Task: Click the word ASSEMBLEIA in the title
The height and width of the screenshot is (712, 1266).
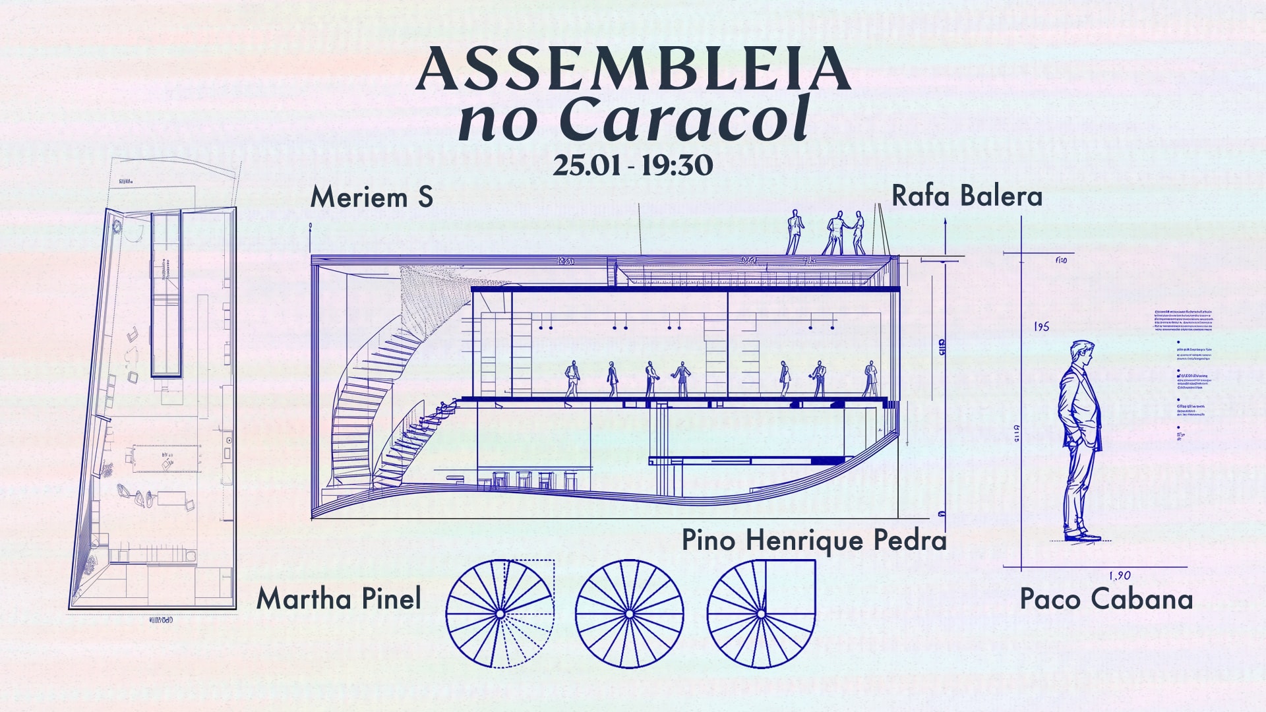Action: (x=633, y=69)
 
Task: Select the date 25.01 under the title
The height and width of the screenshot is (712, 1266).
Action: (x=587, y=165)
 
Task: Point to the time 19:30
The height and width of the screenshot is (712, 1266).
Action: (x=677, y=165)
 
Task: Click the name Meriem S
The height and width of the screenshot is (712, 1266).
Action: (x=371, y=197)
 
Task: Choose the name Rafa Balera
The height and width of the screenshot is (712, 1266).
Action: (x=967, y=196)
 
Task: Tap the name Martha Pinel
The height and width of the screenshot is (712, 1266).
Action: (x=338, y=599)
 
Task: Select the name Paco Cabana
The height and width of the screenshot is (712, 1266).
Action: (x=1106, y=599)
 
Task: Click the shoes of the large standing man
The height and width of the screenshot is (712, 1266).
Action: (x=1081, y=536)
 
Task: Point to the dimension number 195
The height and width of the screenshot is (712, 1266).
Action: (x=1042, y=327)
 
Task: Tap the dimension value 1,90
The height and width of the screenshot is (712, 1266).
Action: (x=1120, y=576)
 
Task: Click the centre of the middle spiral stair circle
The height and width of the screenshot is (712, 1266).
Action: (x=629, y=614)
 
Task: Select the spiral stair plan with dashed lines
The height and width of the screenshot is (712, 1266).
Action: (x=500, y=614)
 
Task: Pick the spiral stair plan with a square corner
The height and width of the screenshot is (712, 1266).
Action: (x=761, y=614)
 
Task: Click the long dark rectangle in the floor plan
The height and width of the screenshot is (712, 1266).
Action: (x=166, y=295)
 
